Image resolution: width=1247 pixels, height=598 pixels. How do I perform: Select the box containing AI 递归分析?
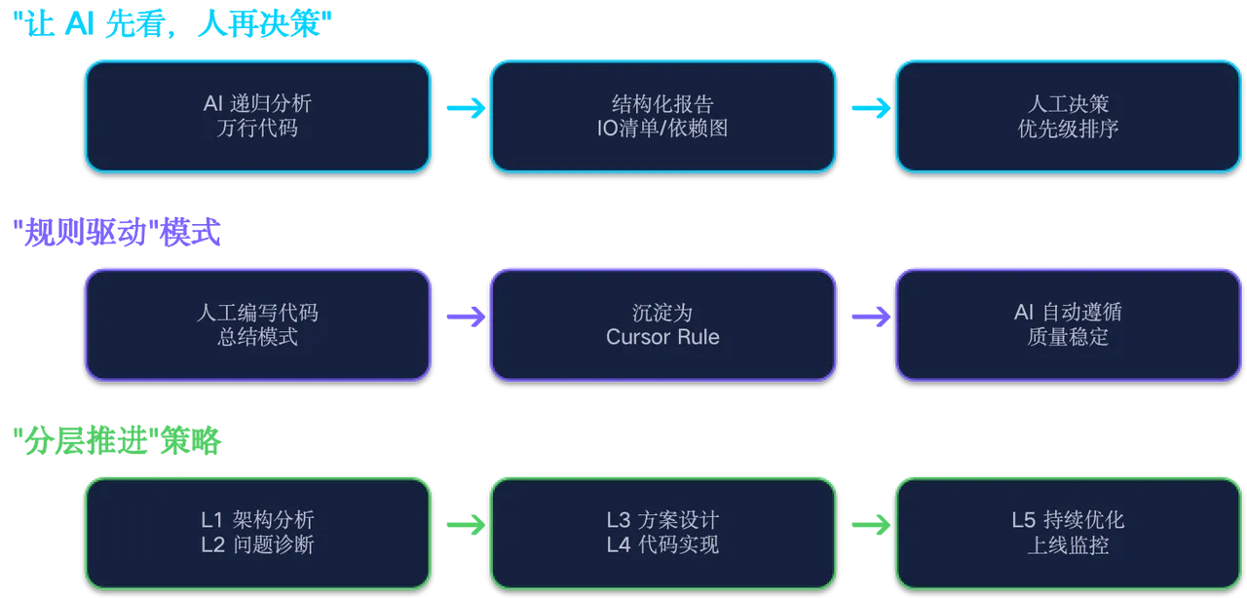pos(257,115)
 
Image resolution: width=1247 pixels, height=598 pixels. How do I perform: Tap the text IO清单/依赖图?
pos(662,128)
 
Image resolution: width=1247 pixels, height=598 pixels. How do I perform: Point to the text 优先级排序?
pos(1068,128)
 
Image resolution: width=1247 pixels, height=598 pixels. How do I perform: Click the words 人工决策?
pos(1068,103)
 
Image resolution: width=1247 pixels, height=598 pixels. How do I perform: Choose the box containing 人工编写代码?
pos(257,324)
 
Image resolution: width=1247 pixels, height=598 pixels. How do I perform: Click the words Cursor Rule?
pos(662,337)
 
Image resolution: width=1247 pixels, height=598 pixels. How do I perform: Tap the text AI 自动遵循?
pos(1068,313)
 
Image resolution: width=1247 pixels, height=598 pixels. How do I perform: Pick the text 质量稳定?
pos(1068,337)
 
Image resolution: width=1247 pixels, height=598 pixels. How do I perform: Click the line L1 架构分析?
pos(257,520)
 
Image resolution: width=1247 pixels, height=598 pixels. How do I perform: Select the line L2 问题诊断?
pos(257,544)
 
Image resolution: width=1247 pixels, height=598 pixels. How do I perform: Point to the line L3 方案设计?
pos(662,520)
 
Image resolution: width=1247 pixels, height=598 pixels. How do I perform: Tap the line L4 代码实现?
pos(662,544)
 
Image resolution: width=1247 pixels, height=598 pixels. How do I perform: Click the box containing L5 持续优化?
pos(1068,533)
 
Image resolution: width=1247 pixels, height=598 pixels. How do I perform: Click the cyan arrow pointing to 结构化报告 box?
pos(464,108)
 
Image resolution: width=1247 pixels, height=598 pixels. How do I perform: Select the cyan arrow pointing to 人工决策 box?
pos(869,108)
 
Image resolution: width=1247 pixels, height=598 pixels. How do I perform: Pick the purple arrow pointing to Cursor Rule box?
pos(464,316)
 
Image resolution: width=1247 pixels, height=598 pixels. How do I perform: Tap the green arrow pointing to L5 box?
pos(869,525)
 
